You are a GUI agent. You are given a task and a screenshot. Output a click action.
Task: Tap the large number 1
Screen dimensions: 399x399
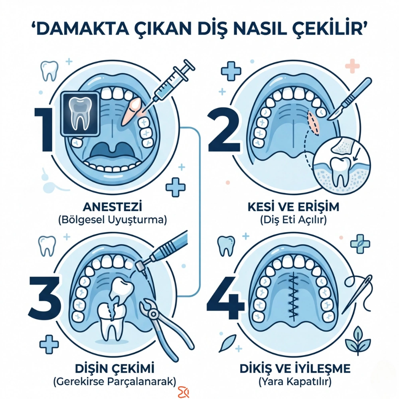tap(45, 130)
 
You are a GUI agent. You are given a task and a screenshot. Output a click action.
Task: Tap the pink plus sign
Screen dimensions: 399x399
tap(352, 65)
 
